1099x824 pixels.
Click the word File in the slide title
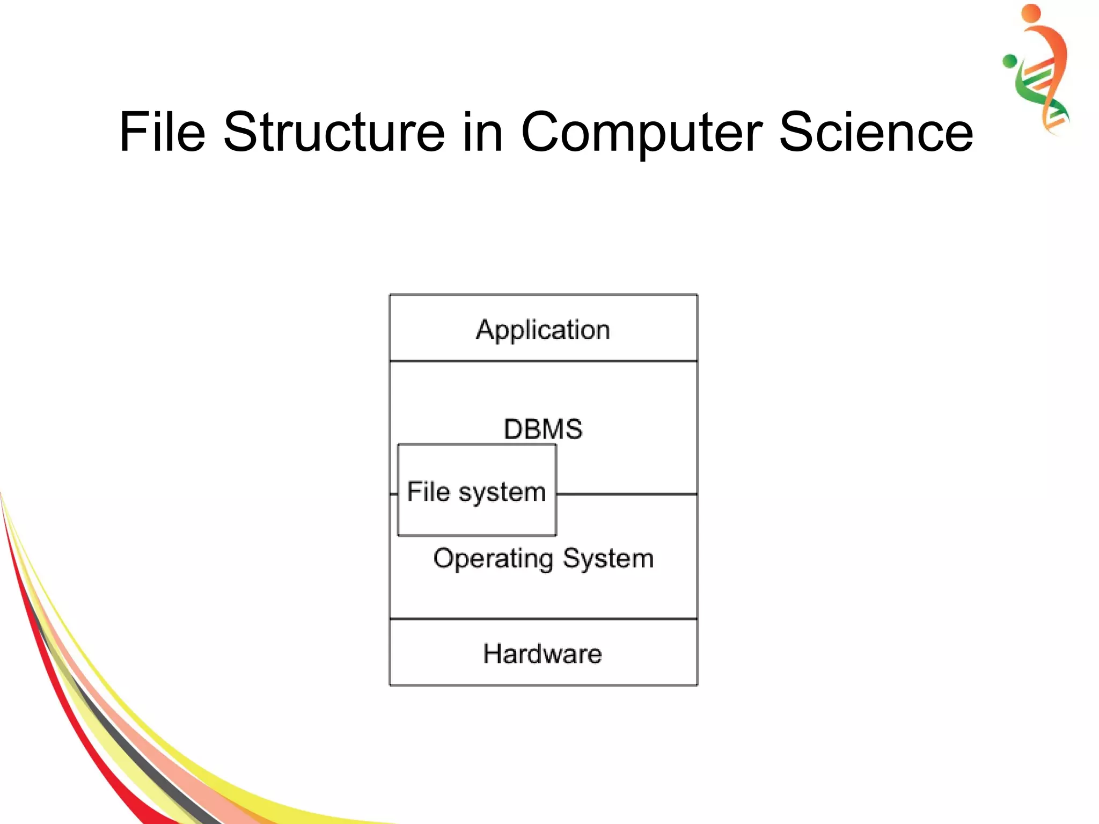(162, 132)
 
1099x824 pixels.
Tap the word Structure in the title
(334, 132)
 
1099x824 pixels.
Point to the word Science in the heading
(876, 132)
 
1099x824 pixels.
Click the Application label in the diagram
(543, 330)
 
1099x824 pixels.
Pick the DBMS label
(543, 429)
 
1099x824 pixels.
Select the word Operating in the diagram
(494, 559)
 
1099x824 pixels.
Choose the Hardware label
(543, 654)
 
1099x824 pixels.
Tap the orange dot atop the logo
(1031, 13)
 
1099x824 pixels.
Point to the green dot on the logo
(1009, 61)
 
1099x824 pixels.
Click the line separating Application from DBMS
(543, 361)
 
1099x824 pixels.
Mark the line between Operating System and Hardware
(543, 619)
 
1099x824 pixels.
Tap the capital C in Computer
(541, 132)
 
